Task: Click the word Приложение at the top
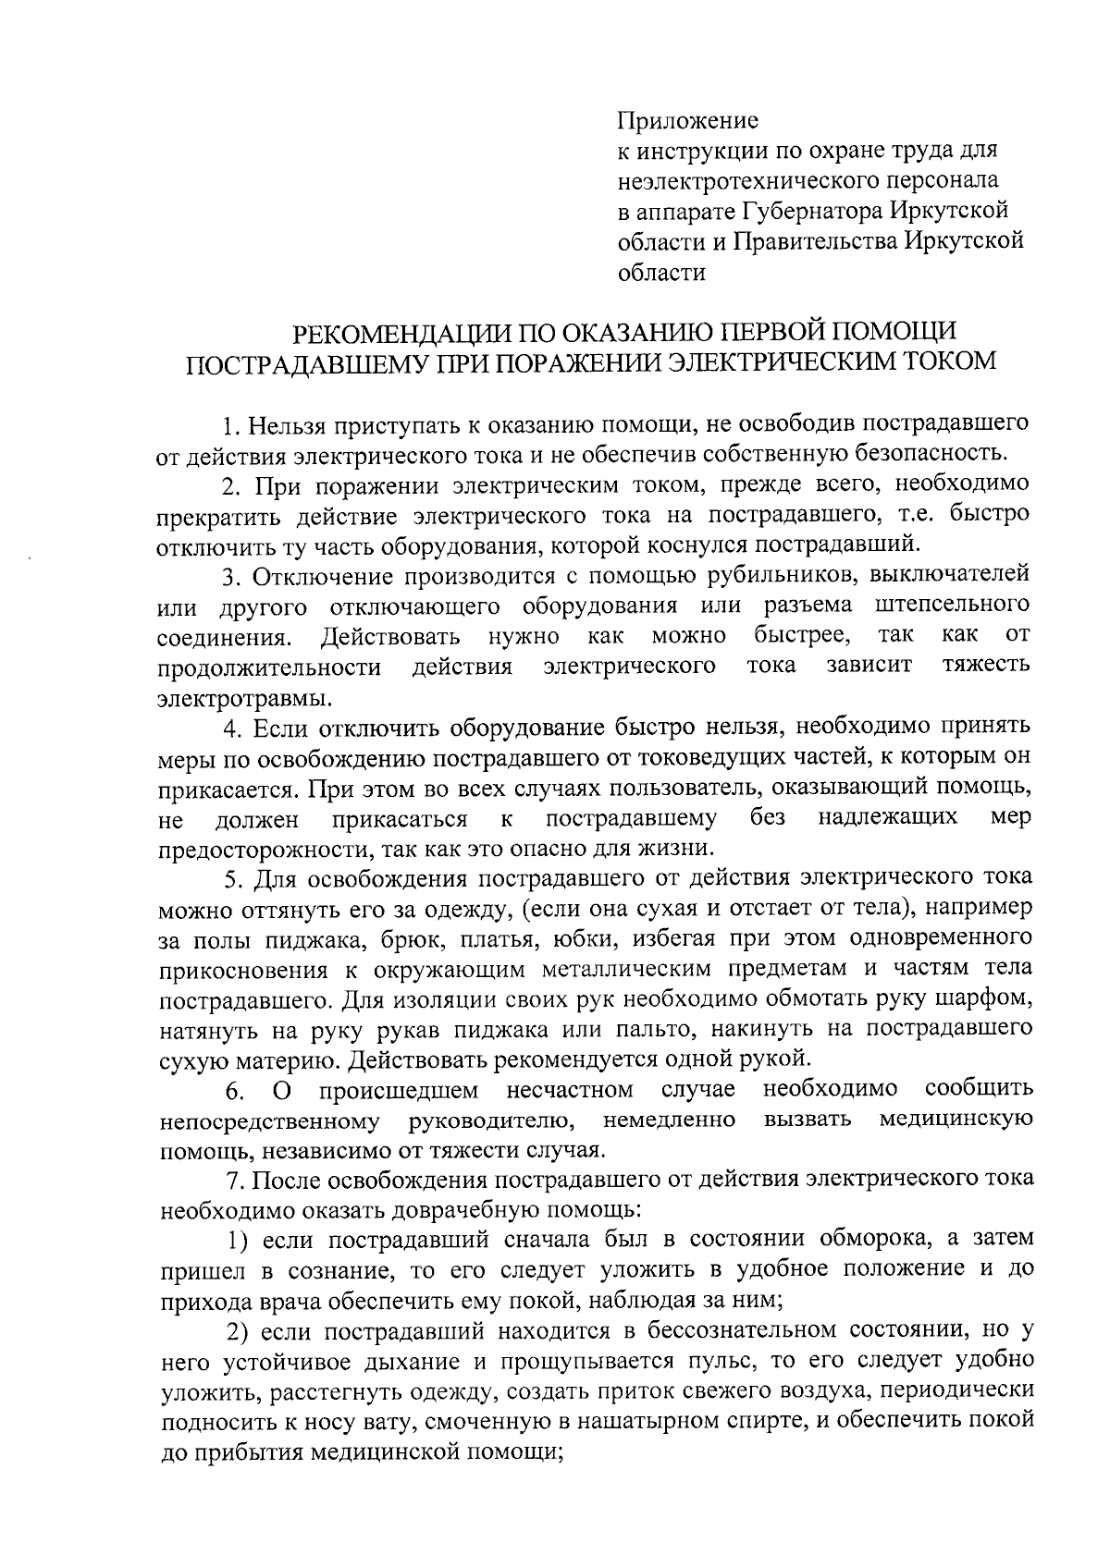(x=687, y=121)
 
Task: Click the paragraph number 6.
(x=234, y=1092)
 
